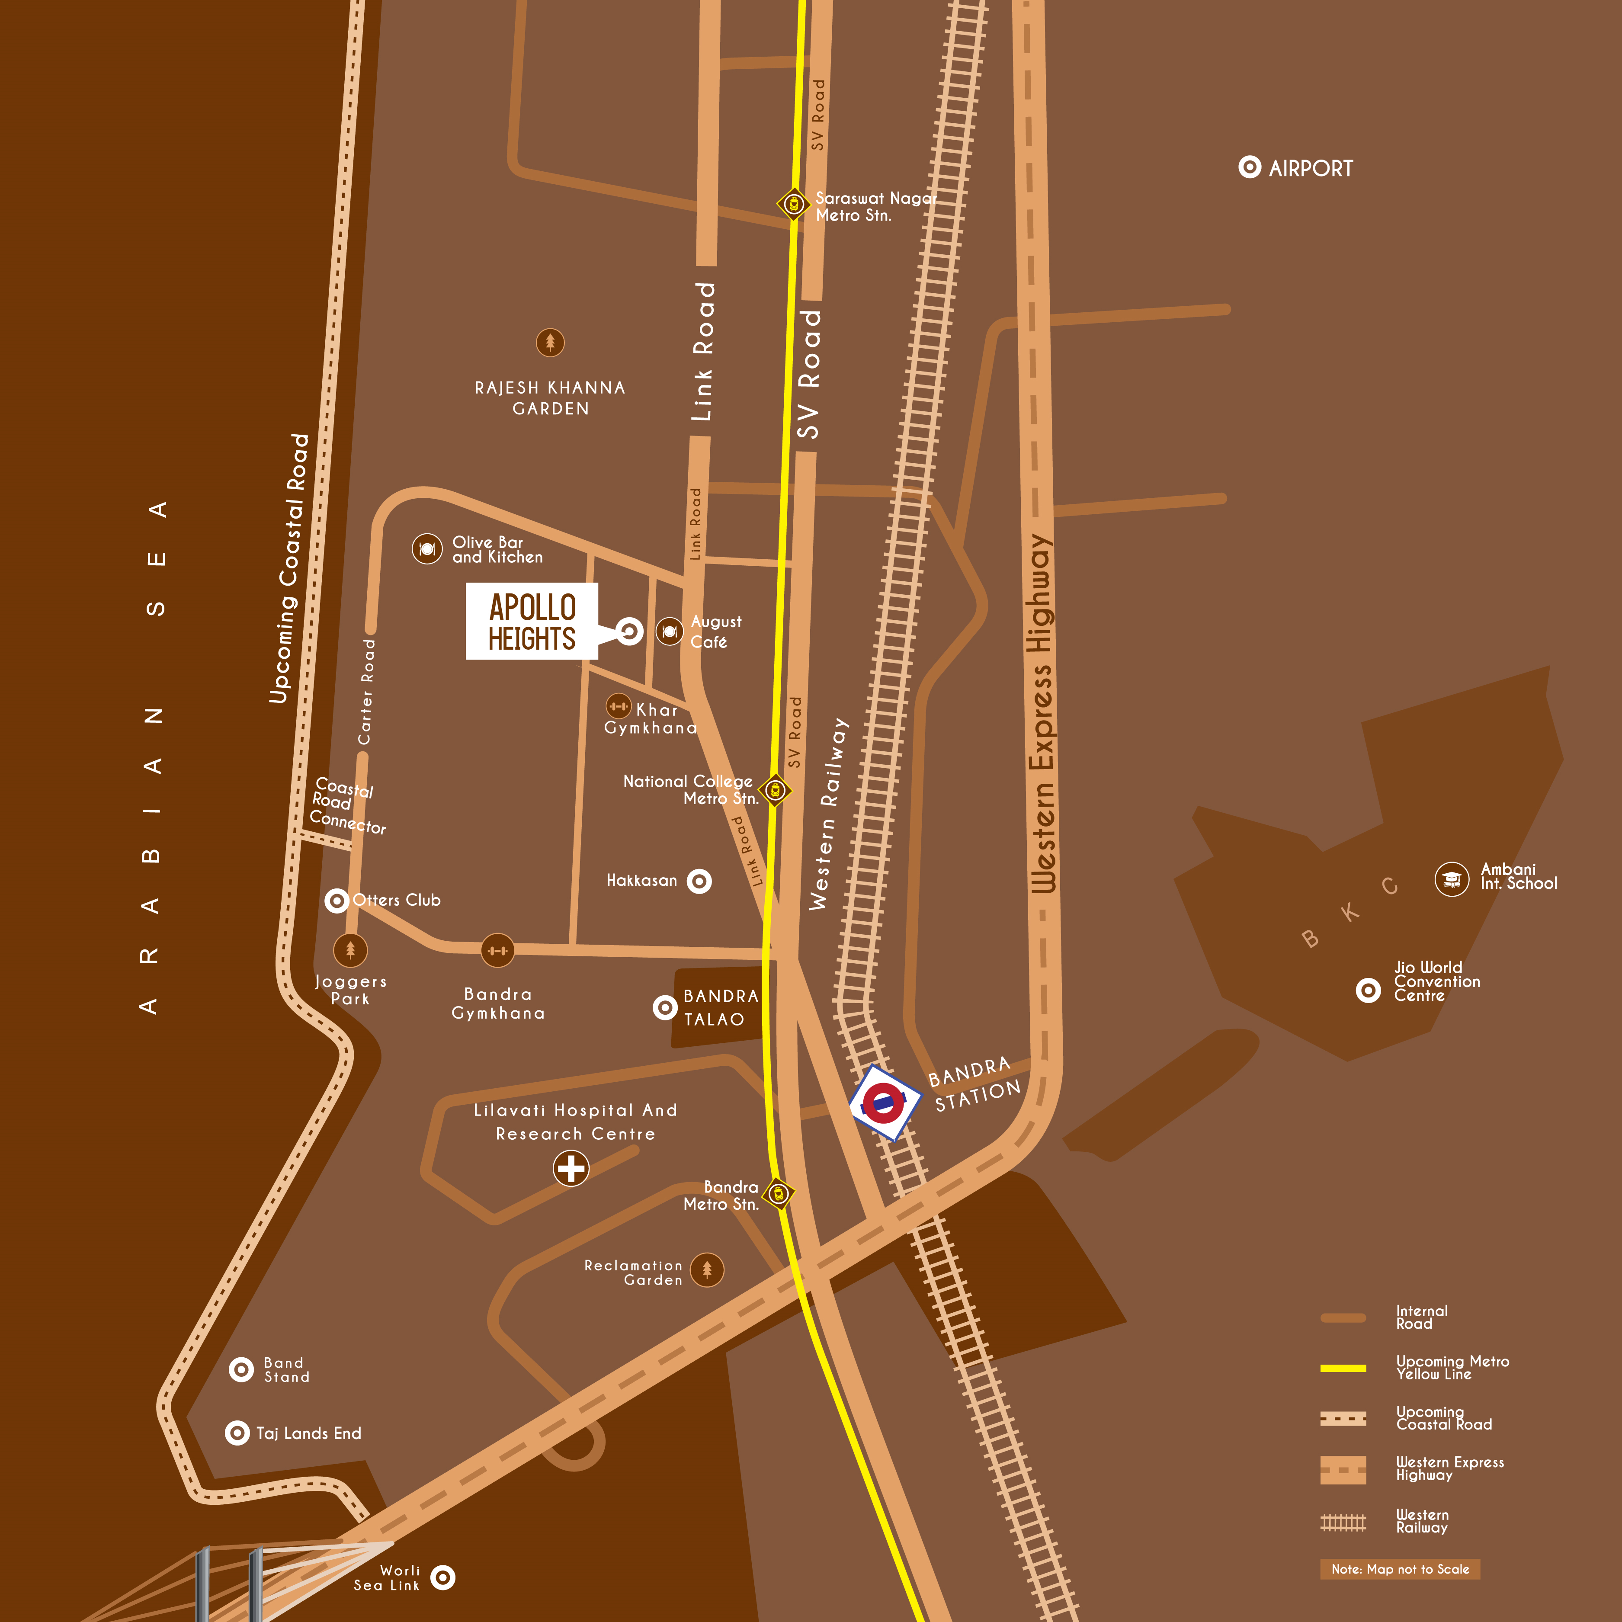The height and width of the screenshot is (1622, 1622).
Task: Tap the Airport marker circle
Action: click(x=1249, y=167)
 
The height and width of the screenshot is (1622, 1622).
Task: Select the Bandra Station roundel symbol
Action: click(x=884, y=1103)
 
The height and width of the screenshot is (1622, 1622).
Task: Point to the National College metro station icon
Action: click(x=775, y=790)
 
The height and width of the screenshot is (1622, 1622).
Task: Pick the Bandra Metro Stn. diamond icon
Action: click(x=778, y=1193)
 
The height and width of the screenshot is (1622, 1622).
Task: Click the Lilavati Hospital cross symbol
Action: click(x=571, y=1168)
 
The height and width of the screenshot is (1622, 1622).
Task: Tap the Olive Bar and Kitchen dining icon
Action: click(x=426, y=549)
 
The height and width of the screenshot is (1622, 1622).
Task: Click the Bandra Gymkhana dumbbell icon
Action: click(x=498, y=950)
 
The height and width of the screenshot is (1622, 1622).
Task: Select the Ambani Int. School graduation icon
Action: click(x=1452, y=879)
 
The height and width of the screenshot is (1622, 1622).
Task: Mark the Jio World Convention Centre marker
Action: click(x=1368, y=991)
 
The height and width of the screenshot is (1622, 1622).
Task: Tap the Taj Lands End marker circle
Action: click(x=237, y=1432)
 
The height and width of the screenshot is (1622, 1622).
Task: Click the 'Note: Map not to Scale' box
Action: click(x=1400, y=1569)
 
